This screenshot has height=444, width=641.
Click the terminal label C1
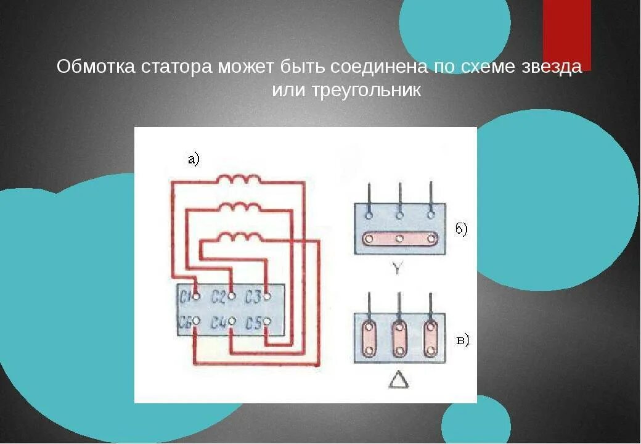tap(185, 297)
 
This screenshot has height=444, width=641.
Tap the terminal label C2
tap(218, 297)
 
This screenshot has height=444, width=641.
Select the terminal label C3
tap(252, 297)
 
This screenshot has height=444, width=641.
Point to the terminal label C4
tap(218, 323)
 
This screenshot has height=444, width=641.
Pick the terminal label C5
tap(252, 323)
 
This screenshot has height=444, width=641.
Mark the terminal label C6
tap(184, 323)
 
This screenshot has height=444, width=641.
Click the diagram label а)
tap(194, 160)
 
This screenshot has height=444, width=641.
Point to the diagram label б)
tap(462, 229)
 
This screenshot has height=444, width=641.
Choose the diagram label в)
tap(462, 340)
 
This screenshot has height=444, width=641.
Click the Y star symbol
tap(398, 269)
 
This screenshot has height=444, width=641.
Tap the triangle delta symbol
tap(399, 380)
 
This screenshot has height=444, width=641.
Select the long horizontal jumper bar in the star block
tap(399, 239)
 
